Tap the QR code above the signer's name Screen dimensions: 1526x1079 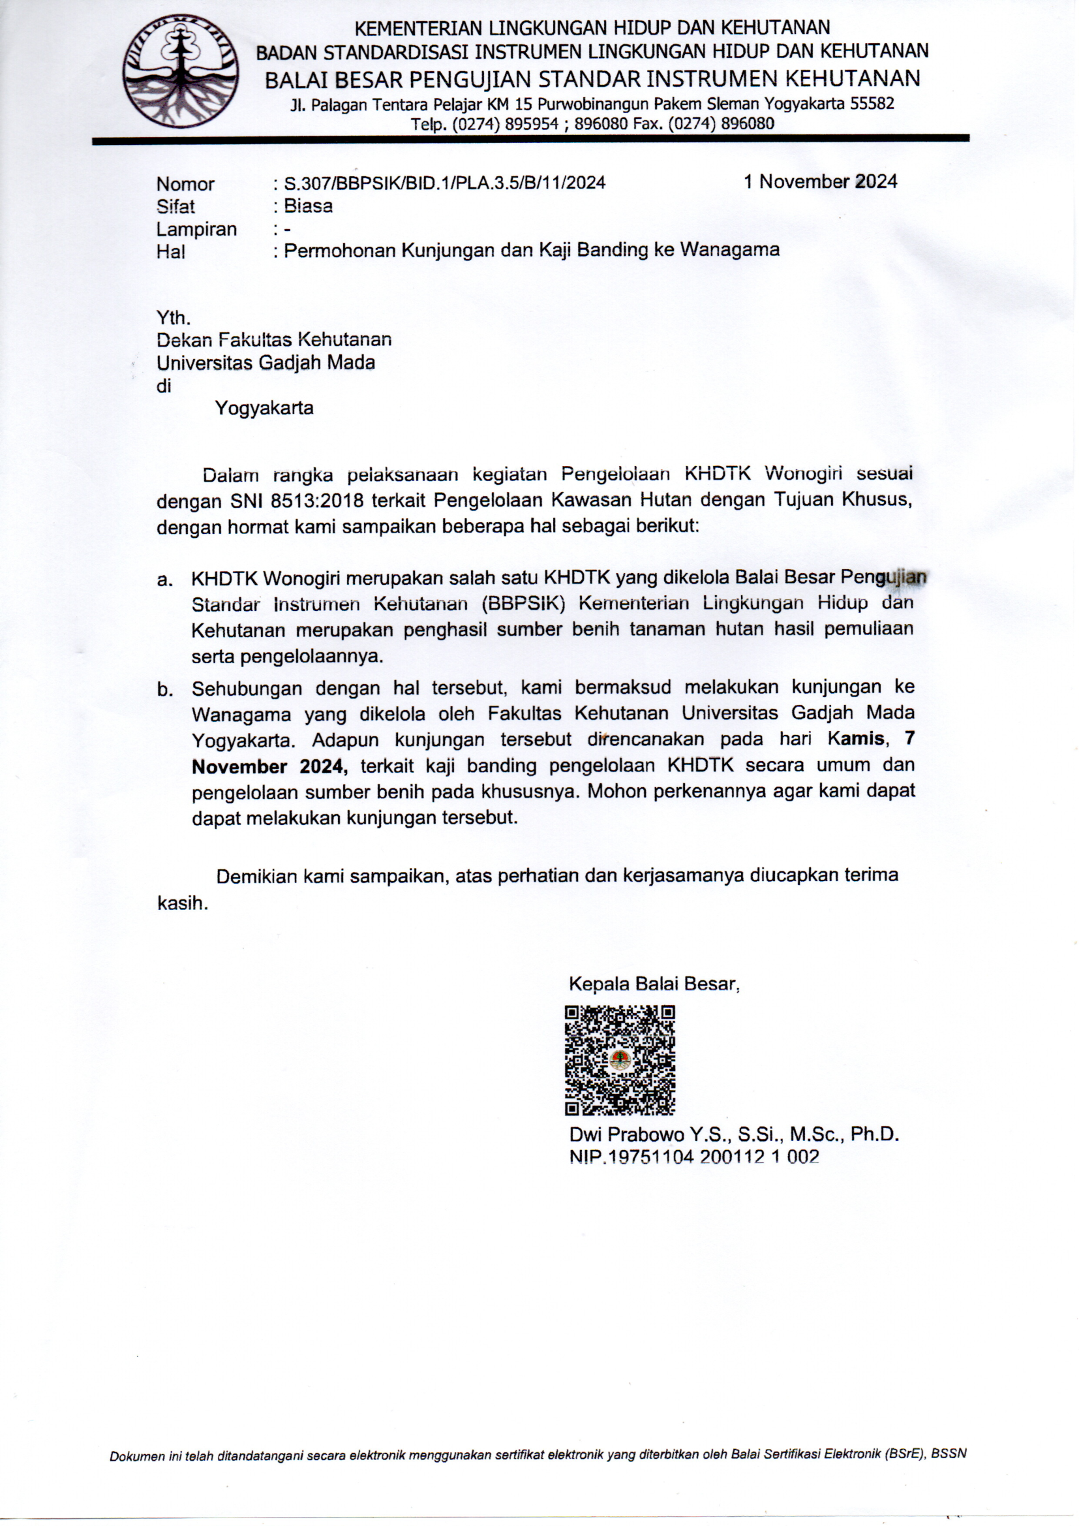click(620, 1059)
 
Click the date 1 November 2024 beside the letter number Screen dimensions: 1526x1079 click(821, 181)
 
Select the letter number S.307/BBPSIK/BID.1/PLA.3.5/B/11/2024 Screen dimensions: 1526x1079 click(444, 183)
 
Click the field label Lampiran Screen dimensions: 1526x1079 click(196, 228)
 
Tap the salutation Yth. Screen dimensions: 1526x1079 click(174, 317)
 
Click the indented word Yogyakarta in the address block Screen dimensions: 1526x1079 click(264, 407)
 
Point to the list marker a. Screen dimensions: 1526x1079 click(165, 580)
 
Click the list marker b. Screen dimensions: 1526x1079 click(165, 689)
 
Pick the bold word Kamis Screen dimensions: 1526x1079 click(856, 738)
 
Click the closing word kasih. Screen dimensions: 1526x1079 click(182, 903)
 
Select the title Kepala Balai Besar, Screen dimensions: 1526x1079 click(654, 983)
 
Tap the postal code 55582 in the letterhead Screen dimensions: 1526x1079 click(873, 103)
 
